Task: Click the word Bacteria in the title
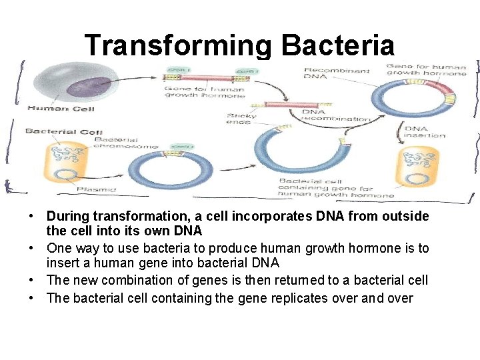tap(338, 45)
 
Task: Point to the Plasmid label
tap(96, 189)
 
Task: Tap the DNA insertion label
tap(425, 131)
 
